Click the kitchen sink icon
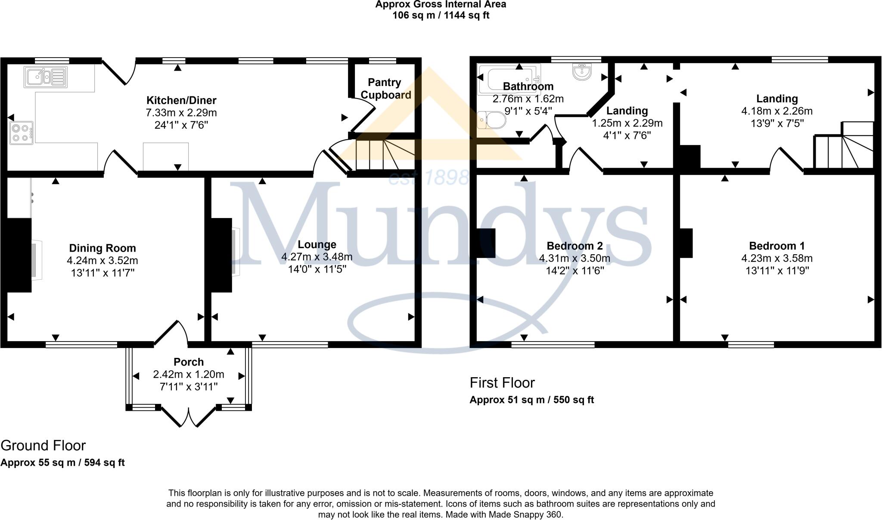tap(46, 77)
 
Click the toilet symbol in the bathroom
tap(492, 120)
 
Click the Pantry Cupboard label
tap(385, 89)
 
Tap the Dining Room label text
tap(102, 248)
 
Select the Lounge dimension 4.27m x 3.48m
tap(317, 257)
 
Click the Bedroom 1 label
tap(776, 246)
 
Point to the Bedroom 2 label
tap(575, 246)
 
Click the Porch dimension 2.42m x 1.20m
tap(189, 375)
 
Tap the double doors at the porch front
tap(189, 416)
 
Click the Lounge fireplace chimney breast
tap(221, 255)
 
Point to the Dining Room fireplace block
tap(19, 255)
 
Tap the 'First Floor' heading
tap(502, 383)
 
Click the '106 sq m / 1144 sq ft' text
tap(441, 15)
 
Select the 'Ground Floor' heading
tap(43, 446)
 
